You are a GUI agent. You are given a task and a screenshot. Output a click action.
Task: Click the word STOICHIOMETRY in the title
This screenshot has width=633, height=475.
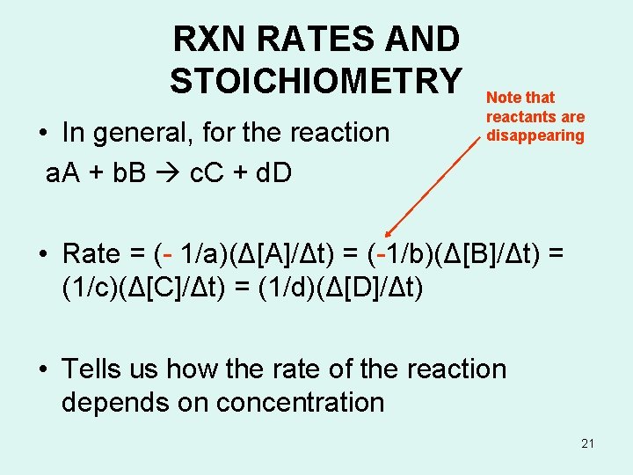pos(316,80)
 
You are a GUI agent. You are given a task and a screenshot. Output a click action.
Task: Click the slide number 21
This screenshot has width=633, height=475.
pos(587,443)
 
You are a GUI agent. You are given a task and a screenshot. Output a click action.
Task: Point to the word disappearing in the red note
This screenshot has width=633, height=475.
pos(535,135)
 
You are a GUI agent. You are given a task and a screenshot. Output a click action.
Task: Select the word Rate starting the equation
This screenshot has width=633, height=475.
pos(91,254)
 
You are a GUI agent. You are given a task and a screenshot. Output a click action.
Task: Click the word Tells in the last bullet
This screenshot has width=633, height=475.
pos(91,369)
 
